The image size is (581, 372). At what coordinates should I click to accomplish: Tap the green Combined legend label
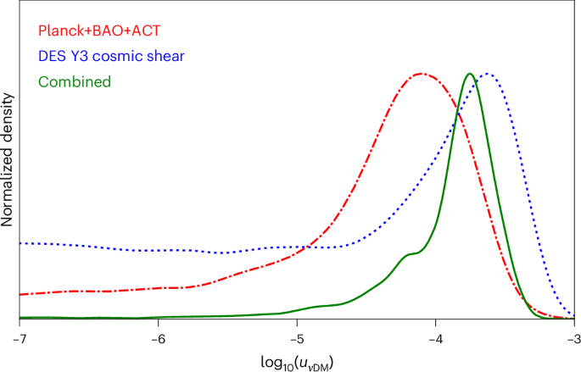pyautogui.click(x=75, y=81)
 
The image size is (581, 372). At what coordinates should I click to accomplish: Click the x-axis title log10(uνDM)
pyautogui.click(x=296, y=359)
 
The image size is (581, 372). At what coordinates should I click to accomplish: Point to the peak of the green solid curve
pyautogui.click(x=469, y=74)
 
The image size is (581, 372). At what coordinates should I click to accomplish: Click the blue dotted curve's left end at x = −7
pyautogui.click(x=20, y=243)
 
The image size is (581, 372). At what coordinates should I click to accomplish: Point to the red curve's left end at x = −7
pyautogui.click(x=20, y=295)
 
